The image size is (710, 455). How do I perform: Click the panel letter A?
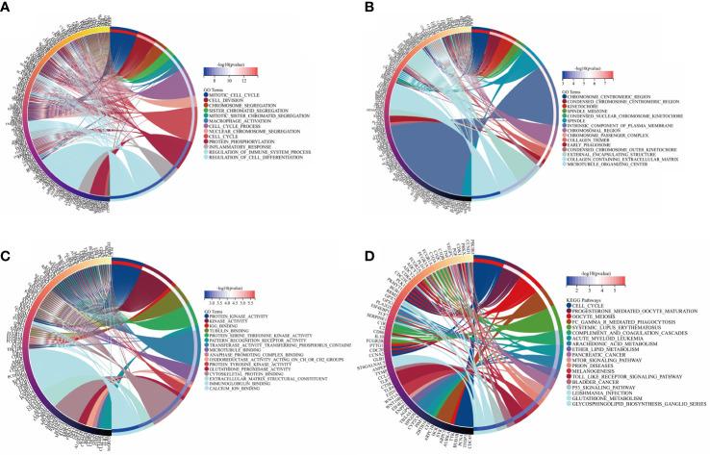7,8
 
